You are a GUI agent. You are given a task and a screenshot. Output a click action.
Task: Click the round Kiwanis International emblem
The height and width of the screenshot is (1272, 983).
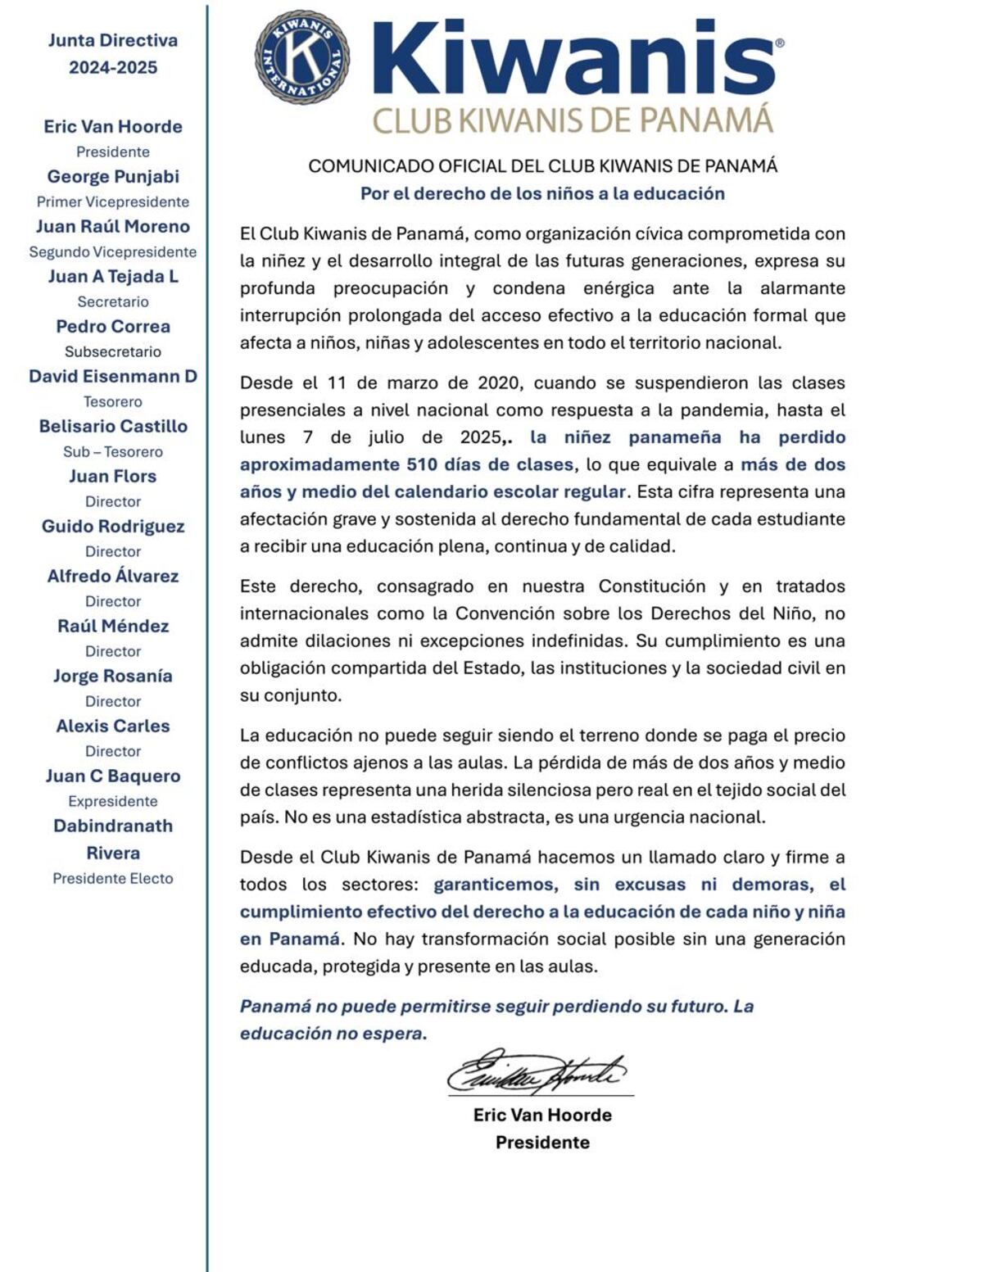(x=302, y=57)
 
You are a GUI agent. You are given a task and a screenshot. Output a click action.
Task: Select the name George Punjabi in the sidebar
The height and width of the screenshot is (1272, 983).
(x=113, y=176)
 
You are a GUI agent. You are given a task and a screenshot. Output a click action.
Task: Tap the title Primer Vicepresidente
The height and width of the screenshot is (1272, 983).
(x=113, y=201)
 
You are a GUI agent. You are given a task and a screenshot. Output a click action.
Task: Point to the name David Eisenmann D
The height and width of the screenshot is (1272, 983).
(x=113, y=376)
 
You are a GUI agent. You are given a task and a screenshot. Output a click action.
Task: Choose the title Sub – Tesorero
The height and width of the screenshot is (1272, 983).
(x=113, y=451)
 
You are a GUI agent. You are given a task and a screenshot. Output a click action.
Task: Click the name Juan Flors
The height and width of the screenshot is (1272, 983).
(x=113, y=476)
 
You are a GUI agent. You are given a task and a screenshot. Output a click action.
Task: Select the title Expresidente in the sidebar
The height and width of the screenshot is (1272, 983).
(x=113, y=801)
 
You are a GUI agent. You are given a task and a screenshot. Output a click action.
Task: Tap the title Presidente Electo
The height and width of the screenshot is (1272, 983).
(x=113, y=878)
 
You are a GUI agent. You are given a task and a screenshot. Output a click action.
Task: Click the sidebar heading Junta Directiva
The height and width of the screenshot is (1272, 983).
(x=113, y=40)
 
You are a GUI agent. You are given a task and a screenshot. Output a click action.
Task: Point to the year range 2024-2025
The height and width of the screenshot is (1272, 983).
(x=113, y=67)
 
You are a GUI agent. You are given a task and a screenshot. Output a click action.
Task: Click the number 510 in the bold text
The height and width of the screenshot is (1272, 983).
(x=423, y=464)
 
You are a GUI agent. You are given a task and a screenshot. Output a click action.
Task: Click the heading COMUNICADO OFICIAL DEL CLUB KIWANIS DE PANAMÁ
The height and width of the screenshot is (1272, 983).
(x=542, y=165)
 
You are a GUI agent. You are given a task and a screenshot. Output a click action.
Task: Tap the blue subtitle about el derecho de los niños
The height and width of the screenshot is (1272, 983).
(x=542, y=193)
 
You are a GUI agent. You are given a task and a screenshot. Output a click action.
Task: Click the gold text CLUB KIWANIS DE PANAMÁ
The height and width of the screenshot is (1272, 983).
(x=573, y=120)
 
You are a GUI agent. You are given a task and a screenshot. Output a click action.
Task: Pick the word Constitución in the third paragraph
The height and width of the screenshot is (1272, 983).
(x=651, y=586)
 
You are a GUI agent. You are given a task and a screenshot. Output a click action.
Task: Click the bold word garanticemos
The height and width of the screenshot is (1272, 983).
(x=496, y=885)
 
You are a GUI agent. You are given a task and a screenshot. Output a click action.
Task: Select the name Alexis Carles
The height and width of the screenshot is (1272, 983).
(x=113, y=726)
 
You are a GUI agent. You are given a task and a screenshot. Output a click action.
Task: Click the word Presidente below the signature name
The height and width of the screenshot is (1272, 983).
(x=542, y=1142)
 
